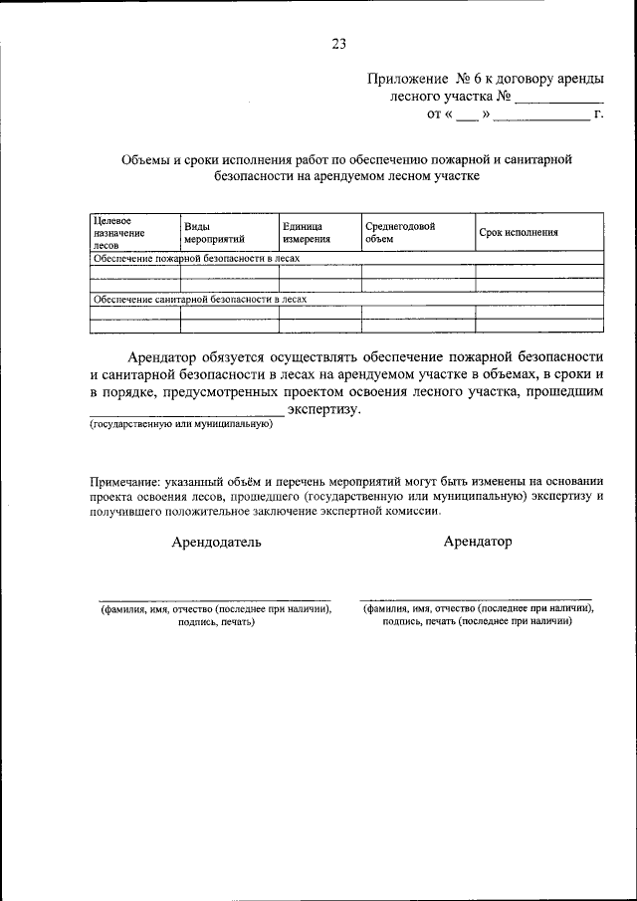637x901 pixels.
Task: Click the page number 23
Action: click(338, 44)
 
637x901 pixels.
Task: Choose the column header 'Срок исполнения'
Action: click(518, 233)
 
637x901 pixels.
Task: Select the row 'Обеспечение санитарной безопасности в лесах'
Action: click(199, 299)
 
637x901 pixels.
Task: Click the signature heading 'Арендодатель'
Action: click(217, 543)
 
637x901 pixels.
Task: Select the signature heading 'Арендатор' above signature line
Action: click(478, 542)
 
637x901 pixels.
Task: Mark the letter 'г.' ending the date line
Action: click(598, 115)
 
